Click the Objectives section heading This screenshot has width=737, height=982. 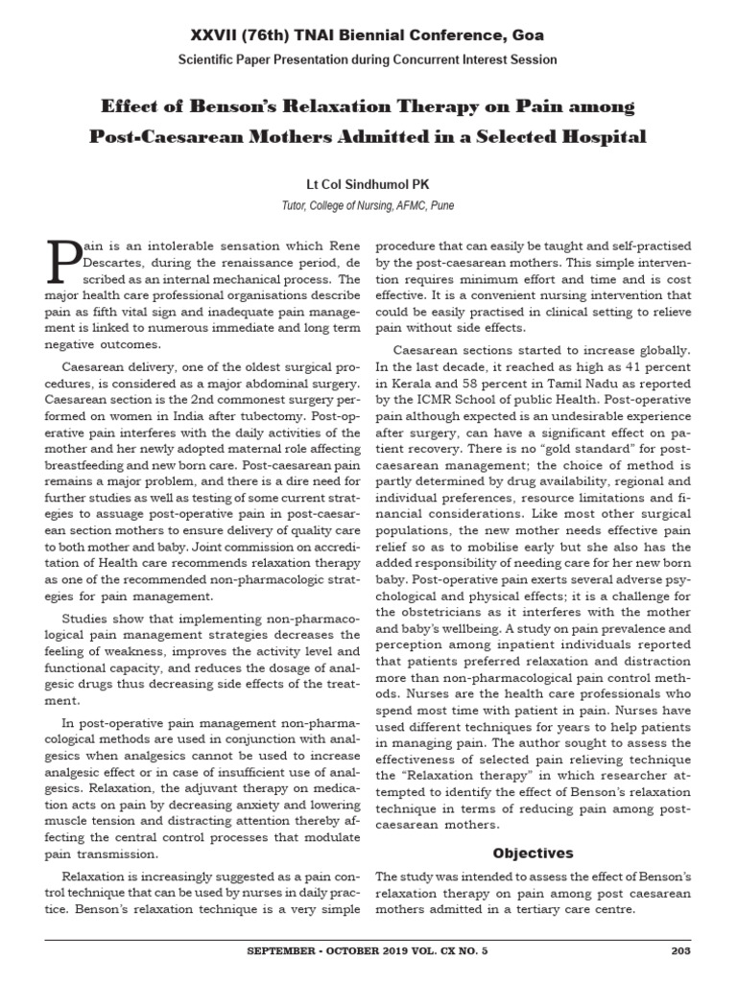point(534,853)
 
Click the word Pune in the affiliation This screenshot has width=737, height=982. point(441,205)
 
